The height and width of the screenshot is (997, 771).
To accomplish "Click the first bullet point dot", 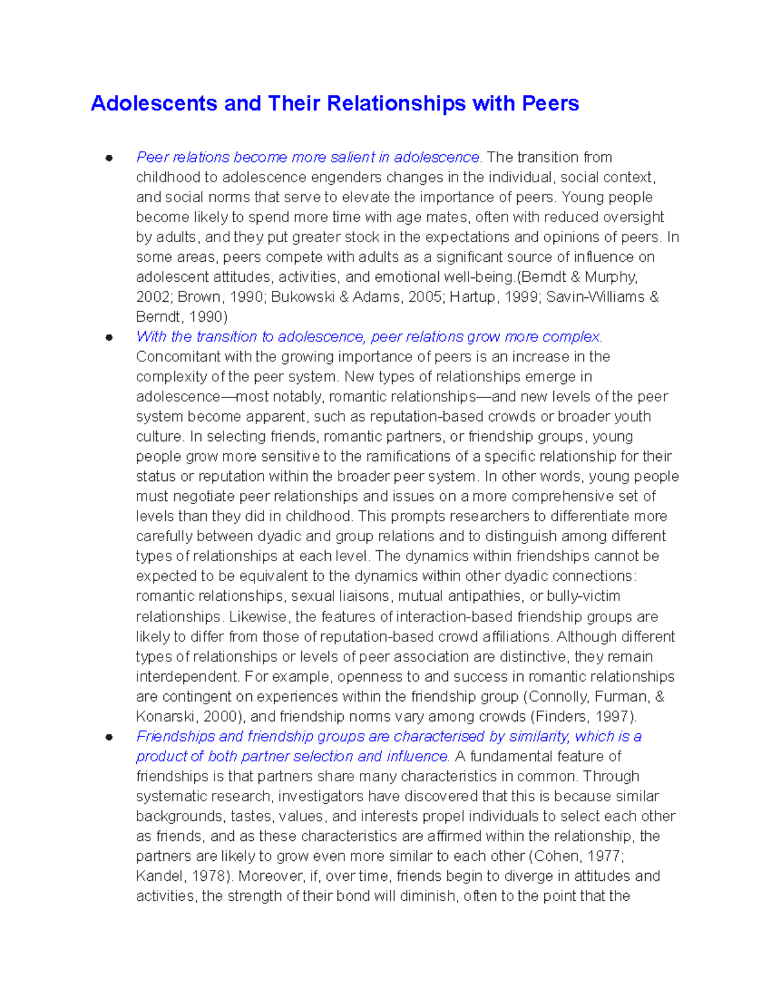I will [109, 158].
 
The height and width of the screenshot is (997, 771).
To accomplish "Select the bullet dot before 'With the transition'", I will [109, 337].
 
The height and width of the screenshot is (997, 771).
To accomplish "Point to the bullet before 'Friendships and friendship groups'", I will [109, 737].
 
